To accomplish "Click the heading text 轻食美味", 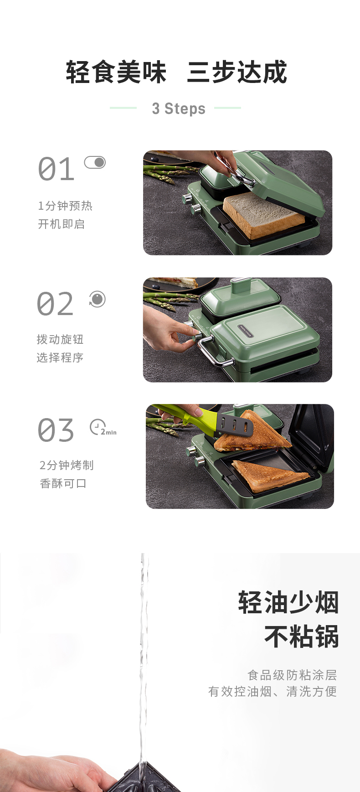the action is coord(116,72).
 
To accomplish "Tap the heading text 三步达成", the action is coord(237,72).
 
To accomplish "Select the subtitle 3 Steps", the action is coord(179,109).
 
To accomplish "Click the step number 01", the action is coord(56,169).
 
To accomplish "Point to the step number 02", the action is coord(55,304).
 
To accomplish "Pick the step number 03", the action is coord(56,430).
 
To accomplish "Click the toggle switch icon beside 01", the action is coord(95,162).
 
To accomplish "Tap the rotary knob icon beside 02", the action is coord(97,299).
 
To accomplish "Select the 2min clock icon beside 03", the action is coord(103,428).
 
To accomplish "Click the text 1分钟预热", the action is coord(65,206).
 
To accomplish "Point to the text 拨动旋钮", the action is coord(60,339).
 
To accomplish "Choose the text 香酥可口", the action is coord(63,483).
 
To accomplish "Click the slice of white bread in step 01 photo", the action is coord(263,214).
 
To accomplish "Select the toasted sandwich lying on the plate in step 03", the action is coord(271,476).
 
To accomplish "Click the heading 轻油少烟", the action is coord(288,602).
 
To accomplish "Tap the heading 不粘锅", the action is coord(302,637).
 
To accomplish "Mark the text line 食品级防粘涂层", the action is coord(292,675).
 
